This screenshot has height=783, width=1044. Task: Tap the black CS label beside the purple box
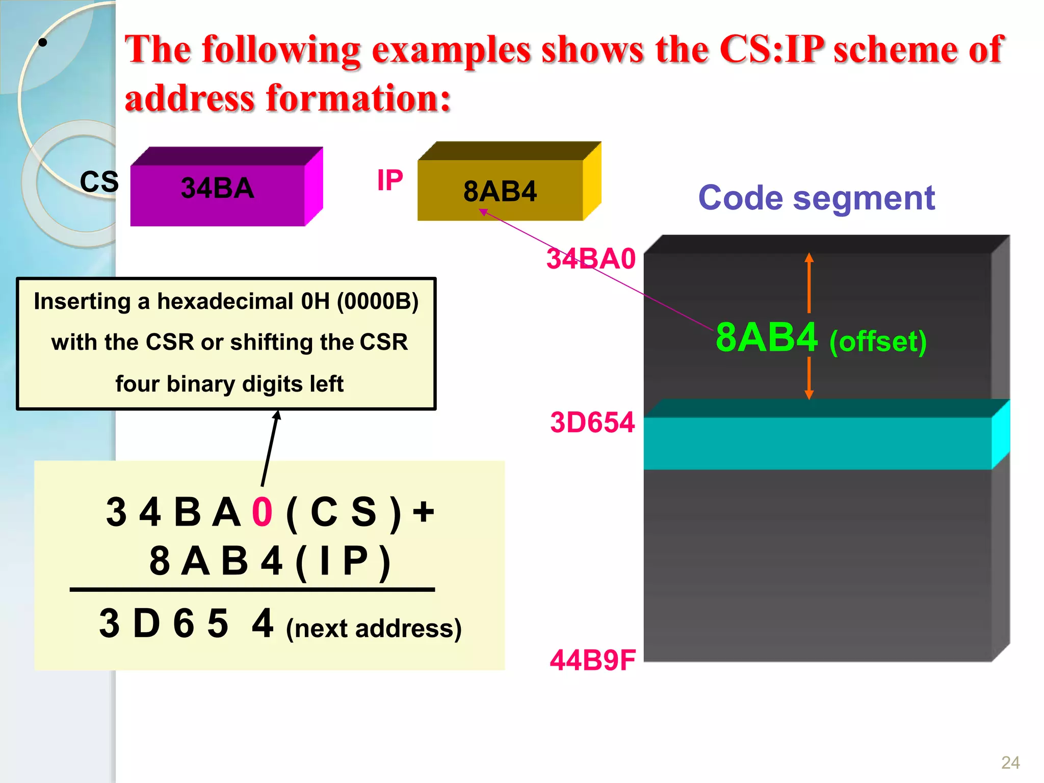point(99,182)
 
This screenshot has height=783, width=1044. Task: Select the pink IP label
point(390,180)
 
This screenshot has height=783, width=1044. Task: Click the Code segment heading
point(816,198)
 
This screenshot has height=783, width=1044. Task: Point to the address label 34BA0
point(591,259)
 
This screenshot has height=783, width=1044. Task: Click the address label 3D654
point(592,423)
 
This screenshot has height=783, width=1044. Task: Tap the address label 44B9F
point(592,661)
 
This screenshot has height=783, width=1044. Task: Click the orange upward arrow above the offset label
point(809,282)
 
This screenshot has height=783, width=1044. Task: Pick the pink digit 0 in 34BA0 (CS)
point(263,512)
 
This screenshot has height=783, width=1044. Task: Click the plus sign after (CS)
point(423,511)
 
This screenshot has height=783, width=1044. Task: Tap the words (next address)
point(374,629)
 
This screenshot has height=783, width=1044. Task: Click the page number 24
point(1010,763)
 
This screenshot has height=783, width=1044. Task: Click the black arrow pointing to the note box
point(270,448)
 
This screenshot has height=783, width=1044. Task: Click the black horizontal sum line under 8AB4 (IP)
point(252,590)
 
